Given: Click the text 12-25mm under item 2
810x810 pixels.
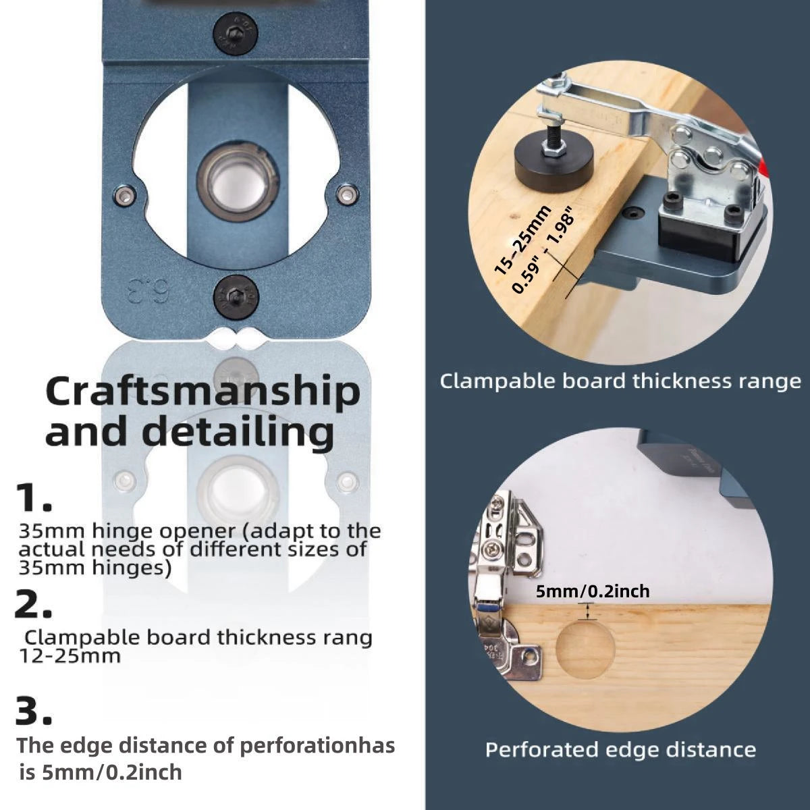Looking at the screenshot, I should pyautogui.click(x=69, y=655).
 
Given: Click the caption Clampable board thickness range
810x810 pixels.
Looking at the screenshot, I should pyautogui.click(x=620, y=381).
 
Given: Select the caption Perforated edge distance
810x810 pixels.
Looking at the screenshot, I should pyautogui.click(x=620, y=750).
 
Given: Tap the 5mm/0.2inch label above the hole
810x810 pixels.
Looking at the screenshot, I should pyautogui.click(x=593, y=592).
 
